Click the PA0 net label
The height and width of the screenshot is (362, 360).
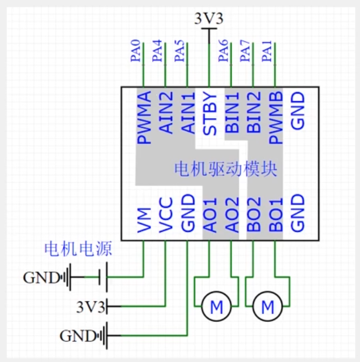pos(135,51)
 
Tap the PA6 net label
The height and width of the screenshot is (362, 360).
pos(224,51)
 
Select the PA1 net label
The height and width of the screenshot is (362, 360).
pos(268,51)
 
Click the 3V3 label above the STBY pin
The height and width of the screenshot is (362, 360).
pos(209,18)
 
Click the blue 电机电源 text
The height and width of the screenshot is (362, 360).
pos(79,249)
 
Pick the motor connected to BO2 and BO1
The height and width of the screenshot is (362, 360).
pos(268,307)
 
